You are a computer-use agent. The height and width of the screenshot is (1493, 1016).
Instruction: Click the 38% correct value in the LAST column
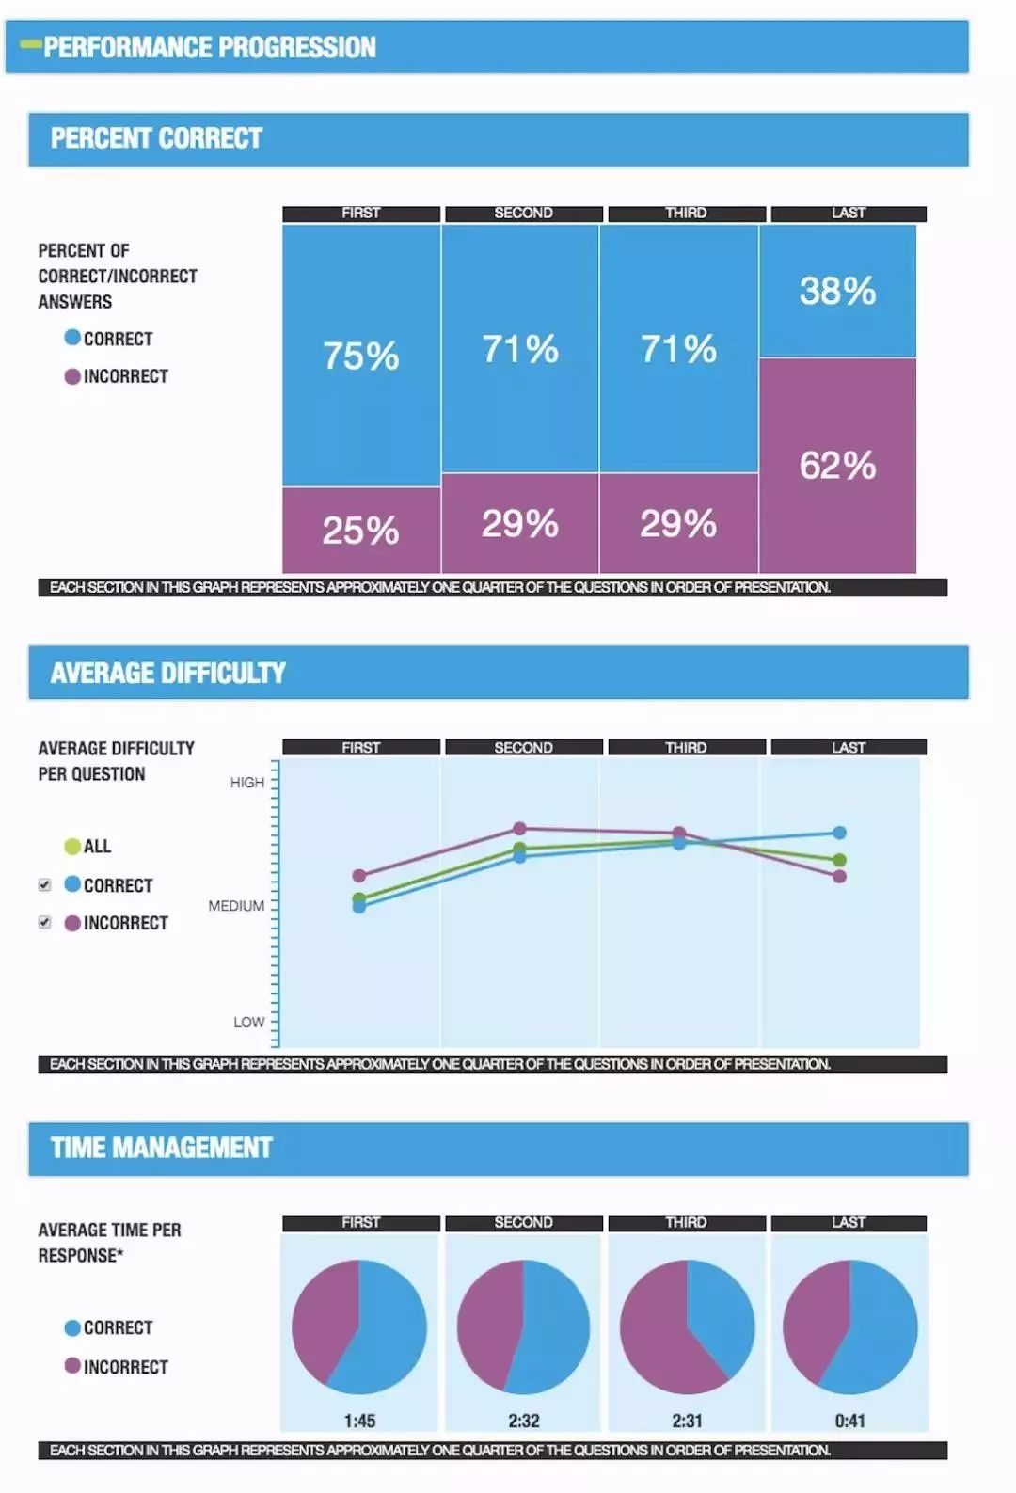click(x=837, y=291)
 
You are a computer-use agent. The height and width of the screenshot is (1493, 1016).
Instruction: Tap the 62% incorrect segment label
click(x=837, y=465)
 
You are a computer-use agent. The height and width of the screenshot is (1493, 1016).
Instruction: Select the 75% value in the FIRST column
click(x=361, y=356)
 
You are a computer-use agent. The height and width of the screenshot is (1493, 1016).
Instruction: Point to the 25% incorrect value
click(x=361, y=531)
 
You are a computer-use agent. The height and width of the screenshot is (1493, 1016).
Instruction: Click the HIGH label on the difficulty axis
click(x=247, y=783)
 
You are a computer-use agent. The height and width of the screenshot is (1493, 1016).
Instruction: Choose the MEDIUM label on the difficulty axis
click(x=236, y=906)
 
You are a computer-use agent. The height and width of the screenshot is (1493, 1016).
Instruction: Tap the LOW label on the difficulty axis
click(x=249, y=1022)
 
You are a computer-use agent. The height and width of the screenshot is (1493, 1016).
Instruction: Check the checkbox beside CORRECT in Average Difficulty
click(x=44, y=885)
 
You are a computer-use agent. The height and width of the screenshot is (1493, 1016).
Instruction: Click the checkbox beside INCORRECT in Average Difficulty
click(x=44, y=923)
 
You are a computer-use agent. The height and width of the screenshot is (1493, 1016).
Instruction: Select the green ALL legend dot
click(x=72, y=846)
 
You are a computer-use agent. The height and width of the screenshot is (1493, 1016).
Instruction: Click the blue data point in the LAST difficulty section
click(x=839, y=833)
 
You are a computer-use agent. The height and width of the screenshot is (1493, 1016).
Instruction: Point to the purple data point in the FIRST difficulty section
click(x=358, y=876)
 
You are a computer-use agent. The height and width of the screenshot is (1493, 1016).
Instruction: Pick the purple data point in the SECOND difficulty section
click(x=519, y=829)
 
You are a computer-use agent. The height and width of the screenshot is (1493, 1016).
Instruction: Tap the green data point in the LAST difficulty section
click(x=839, y=860)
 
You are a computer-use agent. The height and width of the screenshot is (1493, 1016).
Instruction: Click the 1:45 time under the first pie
click(x=359, y=1421)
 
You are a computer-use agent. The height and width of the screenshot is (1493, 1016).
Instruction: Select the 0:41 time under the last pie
click(x=849, y=1421)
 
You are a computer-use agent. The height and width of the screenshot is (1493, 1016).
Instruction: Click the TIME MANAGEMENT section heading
click(x=162, y=1148)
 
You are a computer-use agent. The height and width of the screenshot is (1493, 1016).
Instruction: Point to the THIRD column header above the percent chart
click(x=686, y=214)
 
